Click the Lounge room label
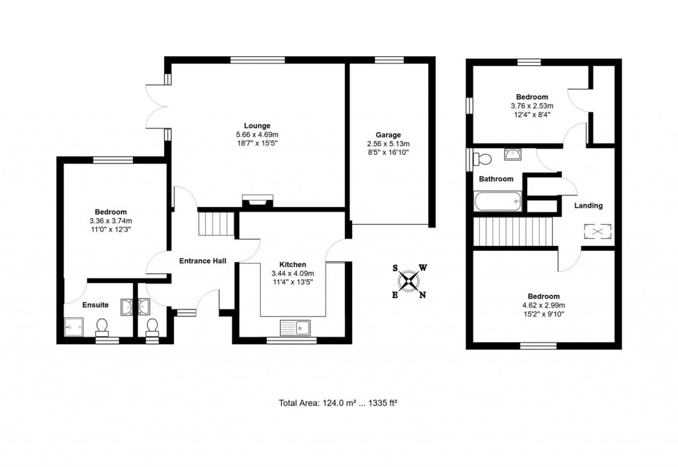tap(257, 126)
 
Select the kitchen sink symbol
tap(295, 327)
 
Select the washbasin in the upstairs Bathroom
tap(512, 155)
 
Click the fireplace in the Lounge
tap(257, 202)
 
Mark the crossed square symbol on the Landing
tap(593, 232)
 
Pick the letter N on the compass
tap(423, 295)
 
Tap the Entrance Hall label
tap(203, 261)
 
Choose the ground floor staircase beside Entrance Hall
tap(217, 223)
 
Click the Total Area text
tap(338, 402)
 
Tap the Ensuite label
tap(95, 305)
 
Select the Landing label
tap(588, 206)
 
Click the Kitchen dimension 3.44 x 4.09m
tap(292, 273)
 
